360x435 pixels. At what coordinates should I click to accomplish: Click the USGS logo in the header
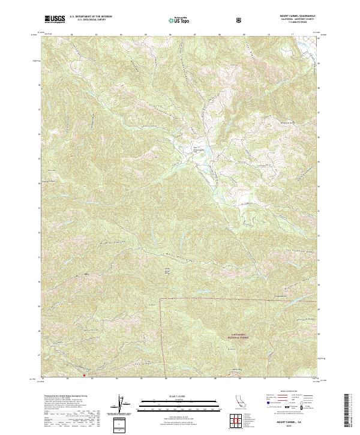click(x=55, y=20)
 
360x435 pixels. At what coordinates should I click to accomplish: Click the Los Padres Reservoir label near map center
click(x=197, y=148)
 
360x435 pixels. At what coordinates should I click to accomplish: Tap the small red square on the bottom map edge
click(x=84, y=377)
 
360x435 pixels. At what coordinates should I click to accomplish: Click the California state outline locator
click(x=241, y=403)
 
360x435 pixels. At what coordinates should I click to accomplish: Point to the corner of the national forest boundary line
click(x=160, y=298)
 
